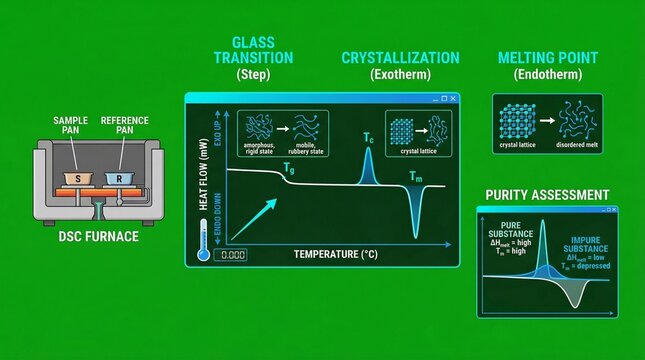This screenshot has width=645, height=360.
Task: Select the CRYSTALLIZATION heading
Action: tap(400, 58)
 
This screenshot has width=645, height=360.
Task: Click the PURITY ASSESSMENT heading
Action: tap(547, 194)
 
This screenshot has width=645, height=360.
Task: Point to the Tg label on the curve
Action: tap(288, 169)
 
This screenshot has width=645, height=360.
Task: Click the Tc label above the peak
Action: tap(368, 137)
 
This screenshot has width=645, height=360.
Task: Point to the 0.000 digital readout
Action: tap(231, 255)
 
